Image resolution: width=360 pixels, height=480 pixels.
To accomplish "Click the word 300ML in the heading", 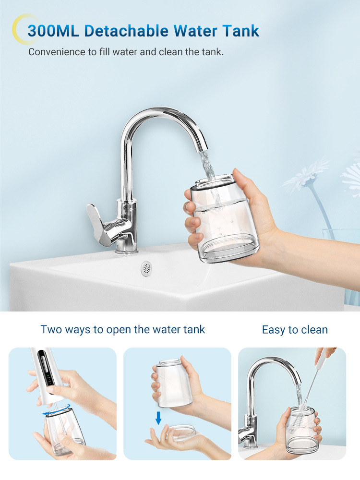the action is tap(53, 31).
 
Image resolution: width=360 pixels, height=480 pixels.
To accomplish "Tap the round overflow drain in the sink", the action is tap(146, 268).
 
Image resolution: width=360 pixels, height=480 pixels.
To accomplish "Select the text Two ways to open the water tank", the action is tap(123, 330).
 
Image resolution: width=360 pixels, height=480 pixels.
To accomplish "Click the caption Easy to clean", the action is tap(295, 330).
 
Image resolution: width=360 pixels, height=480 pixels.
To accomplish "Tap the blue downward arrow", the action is tap(158, 418).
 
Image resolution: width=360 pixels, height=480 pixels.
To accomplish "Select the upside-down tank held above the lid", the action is tap(174, 383).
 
